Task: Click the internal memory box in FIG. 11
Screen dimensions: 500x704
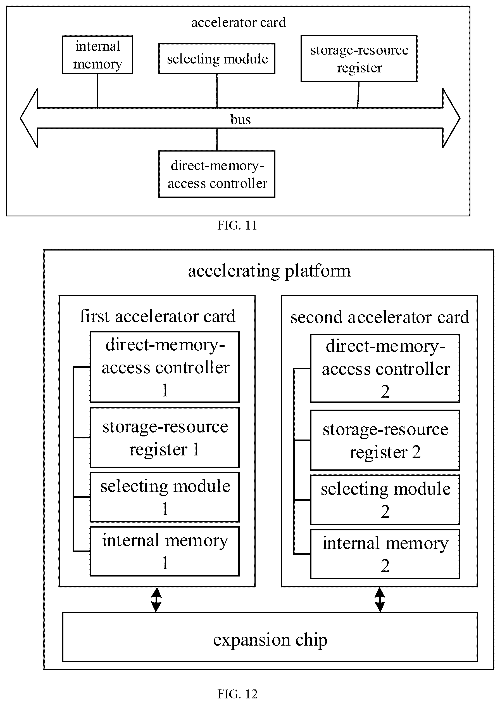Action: point(97,55)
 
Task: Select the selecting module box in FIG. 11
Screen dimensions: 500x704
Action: point(217,58)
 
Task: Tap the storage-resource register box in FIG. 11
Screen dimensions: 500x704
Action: point(359,58)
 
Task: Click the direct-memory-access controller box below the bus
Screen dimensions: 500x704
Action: point(217,174)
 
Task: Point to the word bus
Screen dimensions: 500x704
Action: point(241,120)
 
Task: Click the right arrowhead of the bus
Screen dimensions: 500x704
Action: point(451,118)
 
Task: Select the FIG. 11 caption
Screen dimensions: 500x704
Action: point(237,226)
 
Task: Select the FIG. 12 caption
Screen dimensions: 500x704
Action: point(237,694)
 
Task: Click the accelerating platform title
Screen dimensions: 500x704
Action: point(269,271)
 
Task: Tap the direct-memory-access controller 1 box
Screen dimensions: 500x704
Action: point(165,367)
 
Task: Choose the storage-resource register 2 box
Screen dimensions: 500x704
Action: point(385,440)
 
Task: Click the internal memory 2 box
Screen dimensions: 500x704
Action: point(385,554)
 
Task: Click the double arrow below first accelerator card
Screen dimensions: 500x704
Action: point(156,599)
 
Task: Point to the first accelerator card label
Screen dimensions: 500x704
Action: point(157,316)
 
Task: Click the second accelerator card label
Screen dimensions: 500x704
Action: point(380,317)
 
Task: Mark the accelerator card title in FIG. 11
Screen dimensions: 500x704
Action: point(239,22)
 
